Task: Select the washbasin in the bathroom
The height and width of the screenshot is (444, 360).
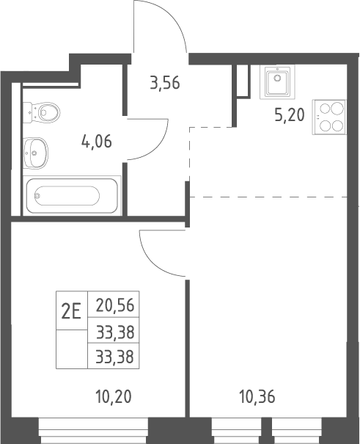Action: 35,153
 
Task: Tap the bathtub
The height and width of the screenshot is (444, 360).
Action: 72,195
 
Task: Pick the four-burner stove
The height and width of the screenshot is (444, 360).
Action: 329,117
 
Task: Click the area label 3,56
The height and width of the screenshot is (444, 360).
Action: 165,83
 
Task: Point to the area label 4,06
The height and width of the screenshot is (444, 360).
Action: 97,142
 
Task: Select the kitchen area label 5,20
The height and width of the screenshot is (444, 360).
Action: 290,115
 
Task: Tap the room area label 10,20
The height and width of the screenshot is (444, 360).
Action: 114,396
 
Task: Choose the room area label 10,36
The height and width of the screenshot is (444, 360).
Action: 257,396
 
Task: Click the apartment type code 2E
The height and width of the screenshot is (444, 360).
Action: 72,310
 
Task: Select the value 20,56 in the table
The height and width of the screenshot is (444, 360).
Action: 115,305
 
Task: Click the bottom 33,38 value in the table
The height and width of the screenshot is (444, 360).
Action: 115,357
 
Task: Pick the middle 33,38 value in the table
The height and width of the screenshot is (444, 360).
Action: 115,332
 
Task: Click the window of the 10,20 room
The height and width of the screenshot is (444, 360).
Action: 93,430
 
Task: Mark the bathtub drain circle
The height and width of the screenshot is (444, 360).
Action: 37,195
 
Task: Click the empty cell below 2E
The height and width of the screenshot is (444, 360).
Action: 72,349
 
